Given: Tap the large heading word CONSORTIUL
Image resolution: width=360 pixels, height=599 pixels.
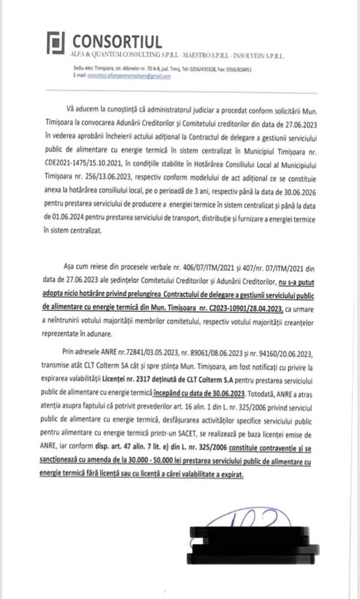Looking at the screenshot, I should coord(117,42).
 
